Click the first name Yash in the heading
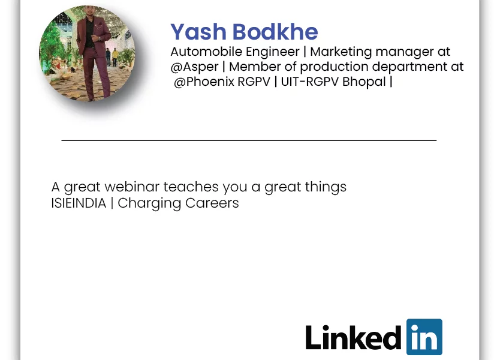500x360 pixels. (198, 32)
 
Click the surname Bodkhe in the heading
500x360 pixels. (275, 32)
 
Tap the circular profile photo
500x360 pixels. (87, 53)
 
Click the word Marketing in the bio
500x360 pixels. (341, 52)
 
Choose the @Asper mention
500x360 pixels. (194, 67)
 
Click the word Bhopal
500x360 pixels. (364, 82)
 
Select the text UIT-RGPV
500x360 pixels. (309, 82)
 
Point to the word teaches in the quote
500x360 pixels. (191, 187)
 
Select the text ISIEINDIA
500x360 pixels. (79, 203)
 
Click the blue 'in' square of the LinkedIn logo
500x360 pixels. (424, 337)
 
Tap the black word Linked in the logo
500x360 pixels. (353, 337)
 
